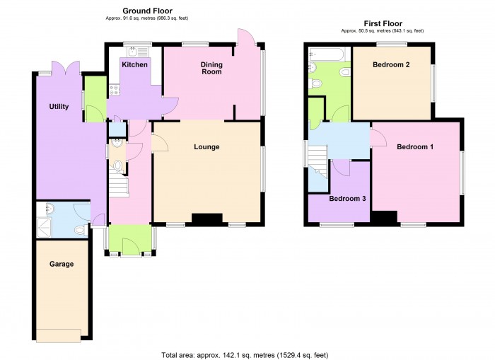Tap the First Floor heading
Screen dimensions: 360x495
tap(383, 23)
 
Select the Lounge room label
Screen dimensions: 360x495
tap(206, 147)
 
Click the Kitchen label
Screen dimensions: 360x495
tap(134, 64)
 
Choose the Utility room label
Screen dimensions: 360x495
tap(58, 107)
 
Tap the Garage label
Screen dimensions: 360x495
tap(62, 264)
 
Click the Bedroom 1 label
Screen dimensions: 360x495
tap(414, 147)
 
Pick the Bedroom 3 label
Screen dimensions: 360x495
tap(347, 199)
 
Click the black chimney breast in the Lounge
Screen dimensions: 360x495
tap(206, 220)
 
